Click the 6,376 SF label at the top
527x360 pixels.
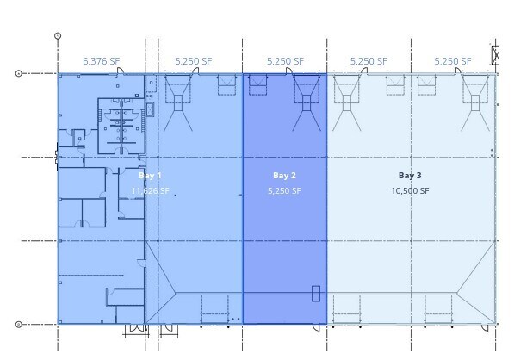101,61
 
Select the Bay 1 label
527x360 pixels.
150,176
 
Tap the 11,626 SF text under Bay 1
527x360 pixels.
150,191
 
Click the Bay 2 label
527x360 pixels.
284,176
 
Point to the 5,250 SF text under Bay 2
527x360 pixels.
284,191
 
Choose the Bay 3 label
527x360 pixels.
410,176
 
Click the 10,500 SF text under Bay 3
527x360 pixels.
410,191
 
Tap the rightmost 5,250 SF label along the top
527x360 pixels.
452,61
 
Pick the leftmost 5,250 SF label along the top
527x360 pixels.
192,61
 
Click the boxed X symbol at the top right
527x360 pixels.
496,54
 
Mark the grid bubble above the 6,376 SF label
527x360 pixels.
58,36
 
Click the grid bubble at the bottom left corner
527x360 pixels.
19,325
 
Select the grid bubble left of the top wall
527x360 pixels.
19,73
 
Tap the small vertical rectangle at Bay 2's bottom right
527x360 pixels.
316,294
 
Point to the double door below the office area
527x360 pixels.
136,329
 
